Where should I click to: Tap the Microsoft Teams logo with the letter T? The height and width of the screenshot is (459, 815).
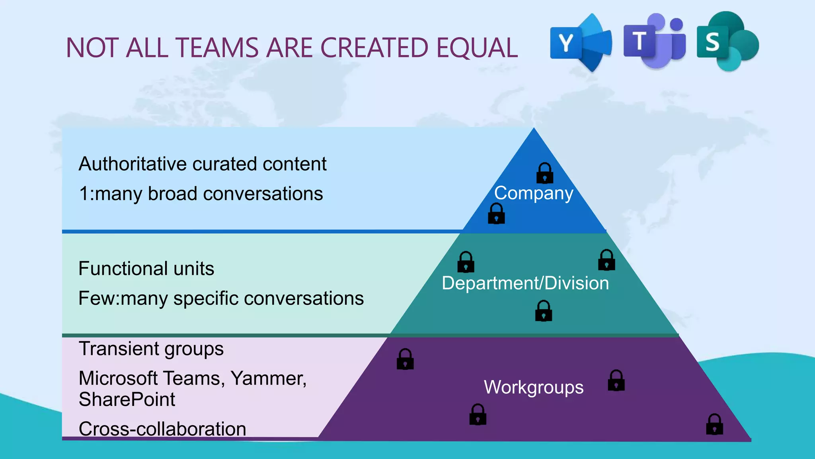click(x=654, y=41)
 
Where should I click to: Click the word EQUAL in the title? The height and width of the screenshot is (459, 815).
click(x=477, y=48)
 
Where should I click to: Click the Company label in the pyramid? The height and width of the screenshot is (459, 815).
click(x=533, y=193)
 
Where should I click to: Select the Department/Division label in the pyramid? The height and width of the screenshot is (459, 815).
click(x=525, y=283)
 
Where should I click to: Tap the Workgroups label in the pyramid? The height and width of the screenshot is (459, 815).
click(x=533, y=387)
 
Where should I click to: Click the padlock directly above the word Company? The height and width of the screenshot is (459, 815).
click(x=544, y=173)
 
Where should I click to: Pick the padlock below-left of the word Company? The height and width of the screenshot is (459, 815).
click(x=496, y=214)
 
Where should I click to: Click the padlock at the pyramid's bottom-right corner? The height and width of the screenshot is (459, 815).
click(x=714, y=424)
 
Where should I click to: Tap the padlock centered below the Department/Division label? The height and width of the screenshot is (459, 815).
click(x=543, y=311)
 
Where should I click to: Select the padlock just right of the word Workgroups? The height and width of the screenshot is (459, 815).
click(x=616, y=381)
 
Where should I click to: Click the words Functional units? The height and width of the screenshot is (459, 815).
click(x=146, y=269)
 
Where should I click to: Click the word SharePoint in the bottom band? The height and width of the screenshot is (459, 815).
click(x=127, y=399)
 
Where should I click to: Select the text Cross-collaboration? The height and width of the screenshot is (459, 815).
click(x=162, y=429)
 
